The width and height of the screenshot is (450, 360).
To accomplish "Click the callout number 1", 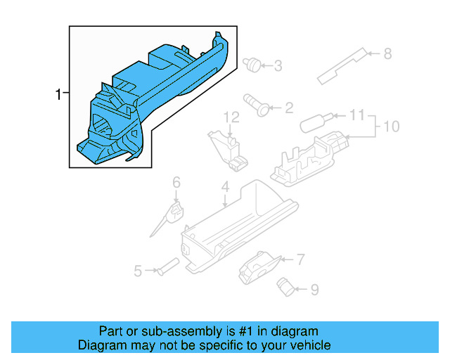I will point(59,94).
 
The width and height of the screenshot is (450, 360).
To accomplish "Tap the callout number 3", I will point(278,66).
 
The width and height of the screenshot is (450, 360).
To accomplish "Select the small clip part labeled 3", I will point(251,64).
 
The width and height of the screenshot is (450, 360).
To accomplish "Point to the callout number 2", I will point(288,108).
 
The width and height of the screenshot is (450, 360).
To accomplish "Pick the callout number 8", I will point(387,53).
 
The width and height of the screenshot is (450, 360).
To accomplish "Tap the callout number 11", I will point(357,114).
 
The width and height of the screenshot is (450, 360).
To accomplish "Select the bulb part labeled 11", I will point(314,122).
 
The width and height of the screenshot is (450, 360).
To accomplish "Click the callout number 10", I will point(391,127).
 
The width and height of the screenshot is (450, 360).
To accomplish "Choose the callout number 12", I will point(232,116).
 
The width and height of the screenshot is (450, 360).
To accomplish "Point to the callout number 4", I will point(225,188).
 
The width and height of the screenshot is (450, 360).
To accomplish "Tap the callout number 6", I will point(176,182).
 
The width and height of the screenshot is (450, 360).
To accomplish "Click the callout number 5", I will point(138,270).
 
